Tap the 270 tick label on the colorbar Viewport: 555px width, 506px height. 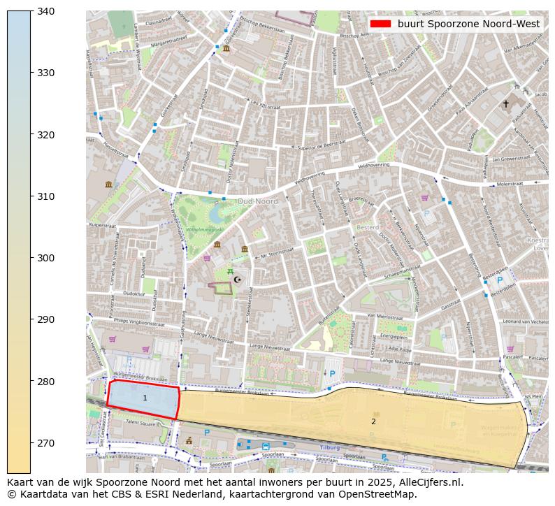(45, 443)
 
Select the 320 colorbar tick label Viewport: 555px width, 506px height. (45, 134)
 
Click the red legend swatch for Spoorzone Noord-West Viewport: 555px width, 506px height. (380, 24)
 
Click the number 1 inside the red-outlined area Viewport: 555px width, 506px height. (145, 398)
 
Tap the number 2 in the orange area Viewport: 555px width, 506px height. (373, 421)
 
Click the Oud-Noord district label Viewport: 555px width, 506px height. (257, 201)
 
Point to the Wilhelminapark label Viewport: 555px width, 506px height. (204, 229)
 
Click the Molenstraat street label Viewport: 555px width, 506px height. (510, 183)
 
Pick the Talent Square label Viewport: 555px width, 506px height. (140, 423)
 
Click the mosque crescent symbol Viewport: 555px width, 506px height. (238, 280)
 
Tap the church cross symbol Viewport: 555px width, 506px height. (506, 103)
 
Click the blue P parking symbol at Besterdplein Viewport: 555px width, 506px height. (500, 280)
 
